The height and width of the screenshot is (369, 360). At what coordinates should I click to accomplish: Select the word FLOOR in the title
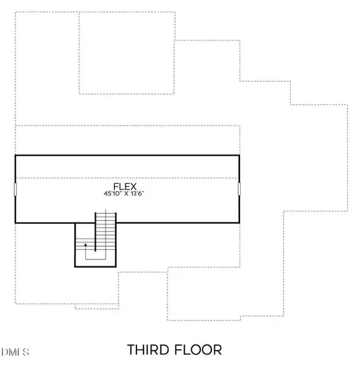[200, 350]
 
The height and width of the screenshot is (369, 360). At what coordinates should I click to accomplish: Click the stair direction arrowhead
[85, 245]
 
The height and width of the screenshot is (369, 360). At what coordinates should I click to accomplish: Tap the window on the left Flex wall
[15, 189]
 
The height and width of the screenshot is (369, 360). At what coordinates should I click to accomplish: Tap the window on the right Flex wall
[240, 189]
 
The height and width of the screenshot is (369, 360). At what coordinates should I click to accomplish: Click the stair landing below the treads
[95, 261]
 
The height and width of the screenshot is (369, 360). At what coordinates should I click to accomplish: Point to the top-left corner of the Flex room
[15, 155]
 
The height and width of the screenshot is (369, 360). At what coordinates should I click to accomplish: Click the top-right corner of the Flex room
[240, 155]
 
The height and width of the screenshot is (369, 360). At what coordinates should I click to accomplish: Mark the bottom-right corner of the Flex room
[240, 223]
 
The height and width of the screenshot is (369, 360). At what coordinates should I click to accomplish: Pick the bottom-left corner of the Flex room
[15, 223]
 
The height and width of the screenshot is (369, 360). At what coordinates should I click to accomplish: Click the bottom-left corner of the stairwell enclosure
[75, 266]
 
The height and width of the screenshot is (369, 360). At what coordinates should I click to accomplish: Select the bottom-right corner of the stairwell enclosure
[116, 266]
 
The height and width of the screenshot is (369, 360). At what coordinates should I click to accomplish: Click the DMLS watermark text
[15, 352]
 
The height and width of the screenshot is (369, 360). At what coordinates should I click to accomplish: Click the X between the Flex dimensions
[125, 194]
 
